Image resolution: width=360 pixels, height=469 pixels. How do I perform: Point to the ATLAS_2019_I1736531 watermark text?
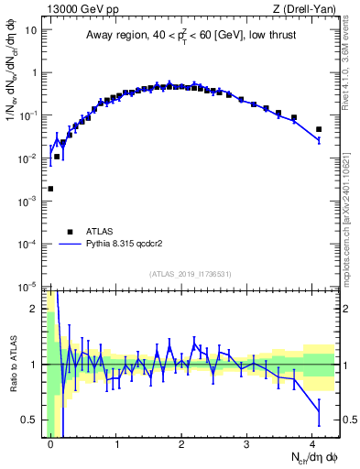pos(190,275)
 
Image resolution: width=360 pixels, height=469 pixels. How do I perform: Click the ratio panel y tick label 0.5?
pos(33,420)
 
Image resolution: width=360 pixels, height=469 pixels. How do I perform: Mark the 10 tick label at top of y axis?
pos(31,30)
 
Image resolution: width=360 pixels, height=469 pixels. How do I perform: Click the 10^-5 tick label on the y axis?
pos(29,287)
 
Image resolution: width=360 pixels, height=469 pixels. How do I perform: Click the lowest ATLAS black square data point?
pos(50,189)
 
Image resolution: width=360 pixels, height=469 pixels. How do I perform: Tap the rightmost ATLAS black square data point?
pos(319,129)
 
